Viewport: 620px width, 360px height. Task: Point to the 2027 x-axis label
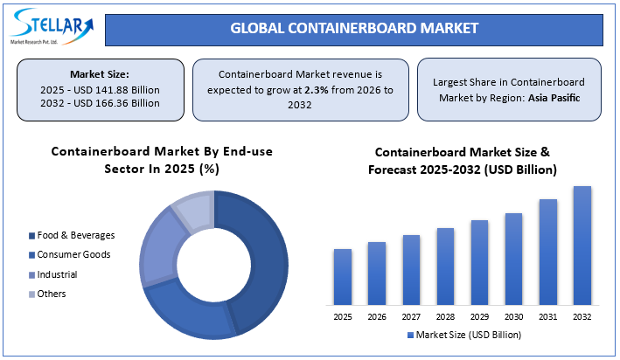pos(411,315)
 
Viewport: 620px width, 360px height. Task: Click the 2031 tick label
pos(547,315)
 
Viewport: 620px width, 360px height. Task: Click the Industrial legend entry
pos(57,274)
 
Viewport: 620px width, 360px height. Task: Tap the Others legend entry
pos(52,294)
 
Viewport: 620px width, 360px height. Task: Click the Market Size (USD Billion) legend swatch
pos(411,335)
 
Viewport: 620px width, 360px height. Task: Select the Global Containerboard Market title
pos(354,28)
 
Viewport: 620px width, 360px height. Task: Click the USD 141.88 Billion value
pos(120,90)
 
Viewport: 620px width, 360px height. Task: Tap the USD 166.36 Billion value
pos(120,103)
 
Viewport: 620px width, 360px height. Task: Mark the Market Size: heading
pos(101,74)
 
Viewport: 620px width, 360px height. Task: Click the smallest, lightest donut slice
pos(193,211)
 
